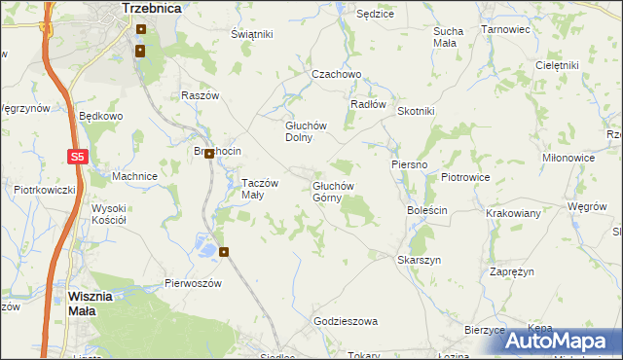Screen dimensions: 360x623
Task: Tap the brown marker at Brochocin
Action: point(208,154)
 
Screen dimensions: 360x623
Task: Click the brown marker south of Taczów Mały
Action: point(225,252)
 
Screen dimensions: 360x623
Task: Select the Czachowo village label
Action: point(336,74)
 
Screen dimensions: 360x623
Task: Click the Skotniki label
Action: point(416,111)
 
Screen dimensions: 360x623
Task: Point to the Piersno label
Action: point(410,164)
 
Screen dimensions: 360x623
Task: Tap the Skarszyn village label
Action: point(420,260)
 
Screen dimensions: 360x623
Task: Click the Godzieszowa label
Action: point(346,320)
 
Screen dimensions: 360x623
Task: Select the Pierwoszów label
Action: point(194,283)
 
